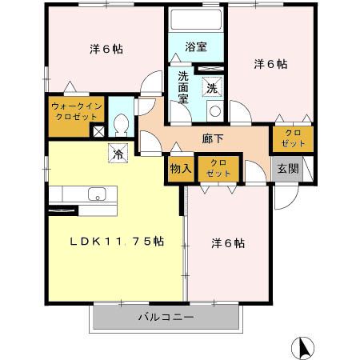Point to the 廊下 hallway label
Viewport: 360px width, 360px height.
point(214,138)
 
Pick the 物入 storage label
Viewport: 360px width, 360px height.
point(180,169)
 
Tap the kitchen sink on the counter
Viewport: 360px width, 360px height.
point(96,194)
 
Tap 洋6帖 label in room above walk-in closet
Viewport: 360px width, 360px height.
point(106,48)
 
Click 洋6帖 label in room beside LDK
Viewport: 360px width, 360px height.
point(228,242)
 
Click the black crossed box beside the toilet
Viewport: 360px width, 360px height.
point(98,132)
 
